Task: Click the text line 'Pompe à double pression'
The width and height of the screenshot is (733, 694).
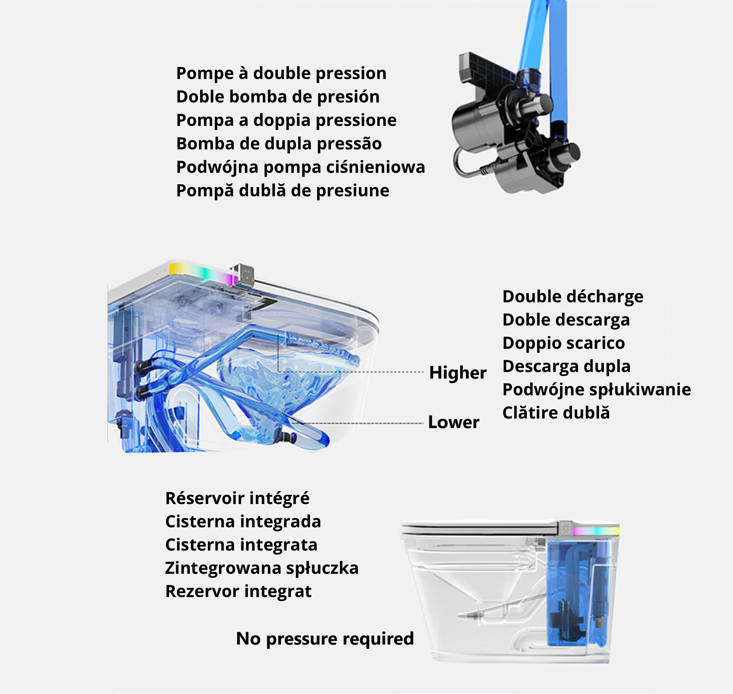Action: pyautogui.click(x=281, y=74)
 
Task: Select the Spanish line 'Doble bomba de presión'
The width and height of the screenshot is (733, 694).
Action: pyautogui.click(x=278, y=97)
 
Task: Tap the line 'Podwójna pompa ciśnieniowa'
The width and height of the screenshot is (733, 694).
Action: pyautogui.click(x=301, y=167)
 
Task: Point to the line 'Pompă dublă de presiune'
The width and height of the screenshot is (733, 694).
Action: pyautogui.click(x=283, y=191)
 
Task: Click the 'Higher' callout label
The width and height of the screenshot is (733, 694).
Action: pyautogui.click(x=457, y=372)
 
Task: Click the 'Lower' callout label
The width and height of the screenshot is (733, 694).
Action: pyautogui.click(x=453, y=422)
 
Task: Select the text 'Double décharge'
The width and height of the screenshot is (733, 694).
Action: pyautogui.click(x=573, y=297)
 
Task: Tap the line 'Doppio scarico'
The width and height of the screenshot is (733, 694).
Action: pyautogui.click(x=563, y=343)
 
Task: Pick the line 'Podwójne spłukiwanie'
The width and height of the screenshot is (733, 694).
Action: pyautogui.click(x=596, y=390)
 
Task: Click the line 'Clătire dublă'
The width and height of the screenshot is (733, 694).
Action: pyautogui.click(x=556, y=412)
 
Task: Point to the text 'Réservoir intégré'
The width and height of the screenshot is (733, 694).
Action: pyautogui.click(x=237, y=498)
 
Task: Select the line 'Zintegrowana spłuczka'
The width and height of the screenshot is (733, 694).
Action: pyautogui.click(x=262, y=568)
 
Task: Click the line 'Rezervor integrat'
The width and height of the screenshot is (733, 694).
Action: pyautogui.click(x=238, y=591)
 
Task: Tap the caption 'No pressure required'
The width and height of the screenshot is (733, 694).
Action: pyautogui.click(x=325, y=639)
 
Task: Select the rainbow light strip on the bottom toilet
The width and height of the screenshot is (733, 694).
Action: pyautogui.click(x=596, y=531)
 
